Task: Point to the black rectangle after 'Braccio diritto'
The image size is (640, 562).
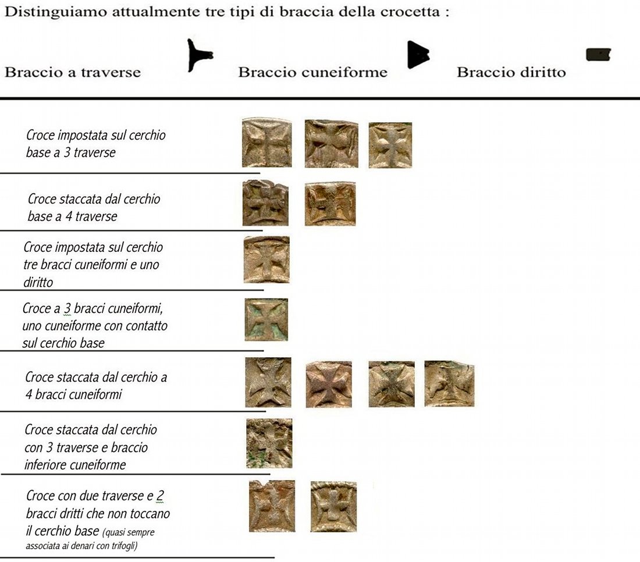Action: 598,55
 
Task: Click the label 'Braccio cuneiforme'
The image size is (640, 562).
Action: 312,72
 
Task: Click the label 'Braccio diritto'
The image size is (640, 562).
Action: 511,72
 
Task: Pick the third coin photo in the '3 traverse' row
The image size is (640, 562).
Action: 390,145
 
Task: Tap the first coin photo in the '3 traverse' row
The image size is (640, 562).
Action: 267,143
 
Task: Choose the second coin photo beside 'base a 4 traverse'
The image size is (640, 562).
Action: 330,204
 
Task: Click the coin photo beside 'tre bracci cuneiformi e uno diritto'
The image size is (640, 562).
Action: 267,259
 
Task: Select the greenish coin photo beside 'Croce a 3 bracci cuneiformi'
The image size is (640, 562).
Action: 266,319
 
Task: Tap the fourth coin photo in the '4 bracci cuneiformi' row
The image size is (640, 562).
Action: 449,383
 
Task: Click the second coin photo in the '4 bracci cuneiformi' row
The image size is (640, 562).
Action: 329,384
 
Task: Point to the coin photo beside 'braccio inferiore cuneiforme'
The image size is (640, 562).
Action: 269,443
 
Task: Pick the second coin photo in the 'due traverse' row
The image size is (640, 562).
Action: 333,506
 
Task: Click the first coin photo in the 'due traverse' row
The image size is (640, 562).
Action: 272,506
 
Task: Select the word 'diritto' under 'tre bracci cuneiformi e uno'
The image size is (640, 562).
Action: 38,282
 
